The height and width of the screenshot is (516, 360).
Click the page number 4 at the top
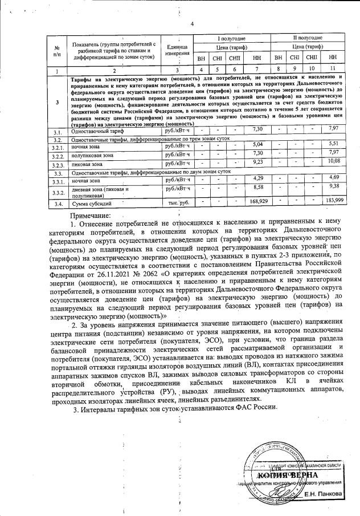[192, 23]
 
